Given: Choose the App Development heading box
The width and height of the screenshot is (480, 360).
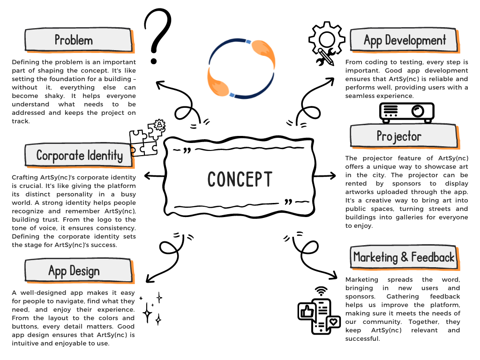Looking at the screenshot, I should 404,40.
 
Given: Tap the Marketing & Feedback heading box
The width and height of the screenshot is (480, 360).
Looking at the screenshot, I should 404,257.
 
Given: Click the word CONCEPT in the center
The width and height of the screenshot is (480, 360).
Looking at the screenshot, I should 240,179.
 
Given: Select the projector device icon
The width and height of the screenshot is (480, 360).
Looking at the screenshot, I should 406,112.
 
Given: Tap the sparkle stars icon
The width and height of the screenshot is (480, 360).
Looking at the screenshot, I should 153,308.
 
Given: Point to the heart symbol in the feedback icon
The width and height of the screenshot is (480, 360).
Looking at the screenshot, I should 333,322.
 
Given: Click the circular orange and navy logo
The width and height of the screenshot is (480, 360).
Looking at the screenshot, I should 240,69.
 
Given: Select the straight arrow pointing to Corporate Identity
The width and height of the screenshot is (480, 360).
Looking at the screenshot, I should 154,176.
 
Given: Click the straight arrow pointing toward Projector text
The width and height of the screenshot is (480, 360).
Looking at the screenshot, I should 325,176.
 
